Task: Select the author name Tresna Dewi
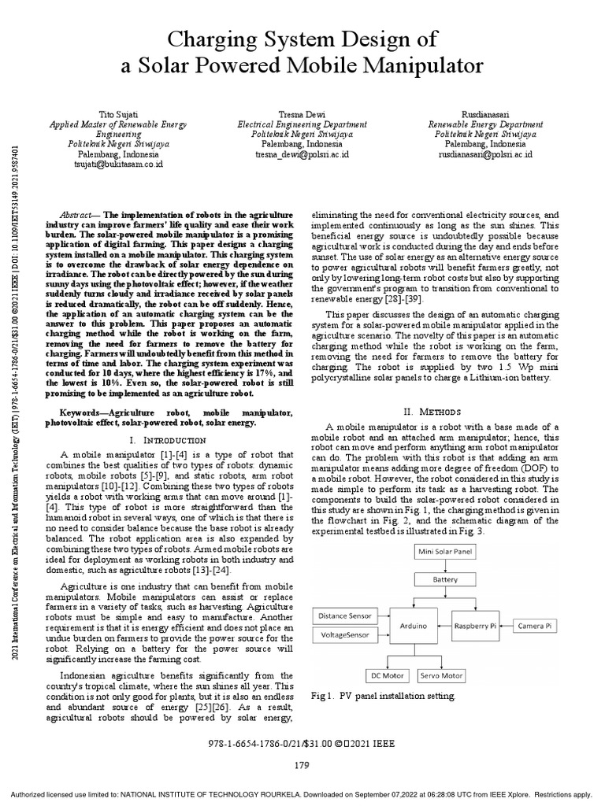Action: point(302,115)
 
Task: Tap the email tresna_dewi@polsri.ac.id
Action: point(302,155)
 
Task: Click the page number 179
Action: point(302,764)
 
